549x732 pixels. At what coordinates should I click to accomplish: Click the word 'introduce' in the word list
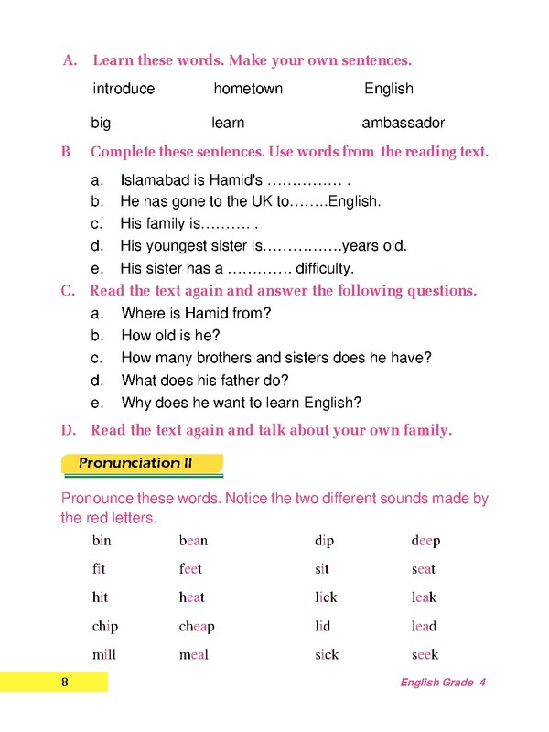tap(124, 89)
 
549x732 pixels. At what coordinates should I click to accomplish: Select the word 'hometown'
tap(248, 89)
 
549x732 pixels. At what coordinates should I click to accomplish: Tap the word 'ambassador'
tap(404, 123)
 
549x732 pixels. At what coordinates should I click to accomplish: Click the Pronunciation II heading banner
tap(142, 463)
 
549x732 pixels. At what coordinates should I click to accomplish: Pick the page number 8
tap(65, 683)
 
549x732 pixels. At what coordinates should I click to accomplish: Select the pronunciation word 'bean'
tap(193, 541)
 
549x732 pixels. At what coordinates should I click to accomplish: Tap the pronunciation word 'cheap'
tap(197, 627)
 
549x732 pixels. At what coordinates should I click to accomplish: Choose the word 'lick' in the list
tap(326, 597)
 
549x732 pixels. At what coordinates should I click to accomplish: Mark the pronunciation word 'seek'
tap(425, 654)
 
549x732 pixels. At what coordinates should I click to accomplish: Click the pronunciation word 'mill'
tap(104, 654)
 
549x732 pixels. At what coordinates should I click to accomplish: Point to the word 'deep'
tap(425, 541)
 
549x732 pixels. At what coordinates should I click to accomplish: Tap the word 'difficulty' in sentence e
tap(324, 269)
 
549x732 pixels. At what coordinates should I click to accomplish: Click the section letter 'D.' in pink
tap(67, 430)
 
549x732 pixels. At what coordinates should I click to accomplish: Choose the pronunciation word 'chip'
tap(105, 627)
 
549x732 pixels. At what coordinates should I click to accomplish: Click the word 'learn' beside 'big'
tap(228, 123)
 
